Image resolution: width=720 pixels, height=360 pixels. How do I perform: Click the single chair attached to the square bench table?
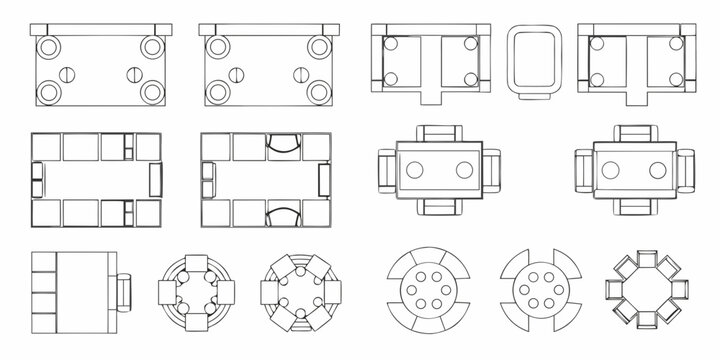tap(125, 291)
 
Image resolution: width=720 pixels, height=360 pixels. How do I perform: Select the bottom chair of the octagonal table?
tap(647, 326)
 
